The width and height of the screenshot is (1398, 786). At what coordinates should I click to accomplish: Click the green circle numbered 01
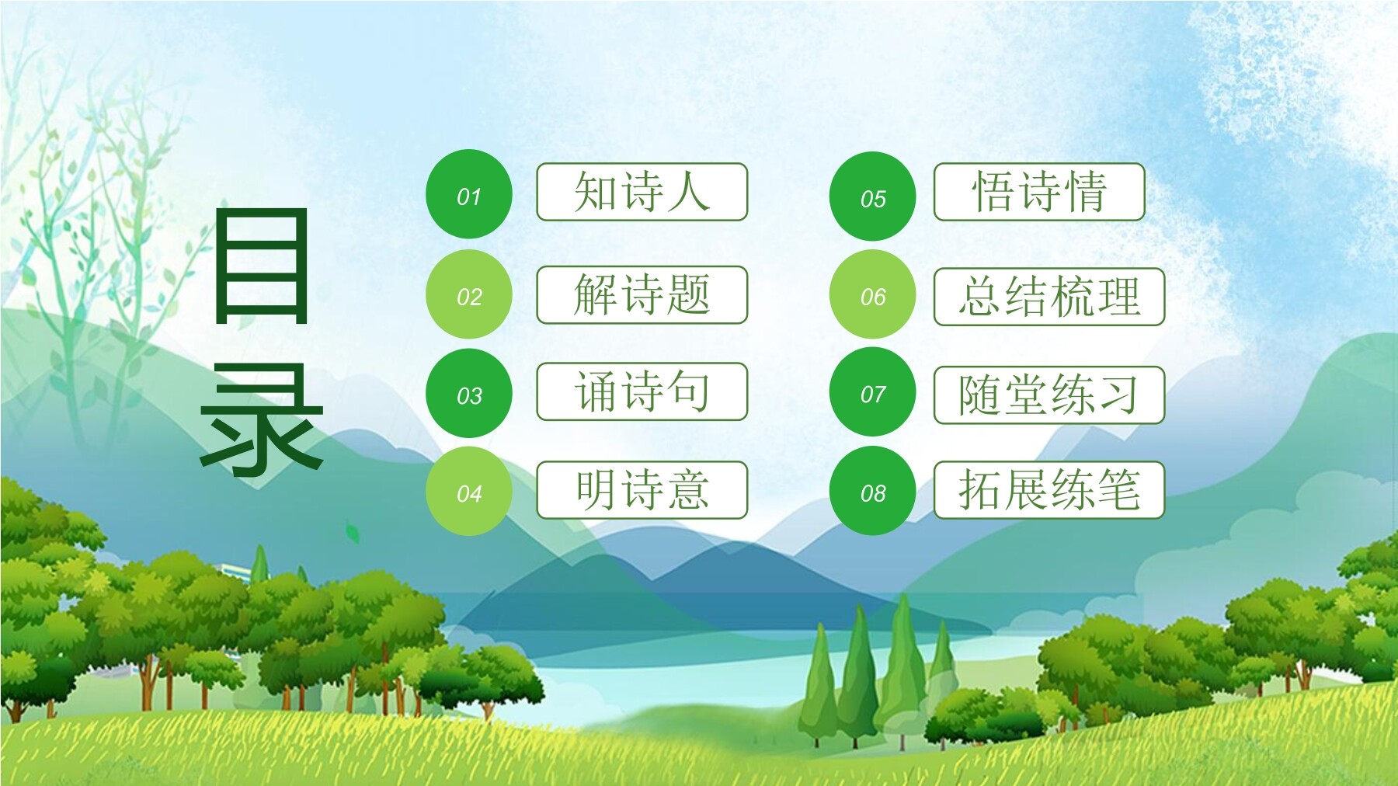(x=469, y=194)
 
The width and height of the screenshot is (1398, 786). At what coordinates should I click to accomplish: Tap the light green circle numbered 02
(x=469, y=294)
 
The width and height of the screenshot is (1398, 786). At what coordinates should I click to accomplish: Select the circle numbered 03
(x=469, y=393)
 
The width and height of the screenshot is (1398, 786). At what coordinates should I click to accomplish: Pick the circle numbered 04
(x=469, y=492)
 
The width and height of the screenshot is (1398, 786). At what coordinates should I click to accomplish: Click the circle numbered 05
(x=873, y=196)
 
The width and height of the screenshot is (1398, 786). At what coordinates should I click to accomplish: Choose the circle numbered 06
(x=873, y=294)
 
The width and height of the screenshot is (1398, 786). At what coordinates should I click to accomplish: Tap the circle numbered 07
(x=873, y=392)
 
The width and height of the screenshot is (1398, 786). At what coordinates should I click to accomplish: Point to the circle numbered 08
(x=873, y=491)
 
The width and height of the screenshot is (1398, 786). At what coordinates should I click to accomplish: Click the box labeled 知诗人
(x=642, y=192)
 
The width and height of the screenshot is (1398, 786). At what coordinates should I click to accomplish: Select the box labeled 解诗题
(x=642, y=294)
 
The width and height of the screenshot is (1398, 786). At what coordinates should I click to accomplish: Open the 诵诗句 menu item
(x=642, y=391)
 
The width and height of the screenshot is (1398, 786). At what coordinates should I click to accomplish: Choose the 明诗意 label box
(x=642, y=489)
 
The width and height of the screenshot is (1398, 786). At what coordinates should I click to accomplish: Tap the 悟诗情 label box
(x=1039, y=192)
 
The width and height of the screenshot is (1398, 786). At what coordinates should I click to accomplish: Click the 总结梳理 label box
(x=1049, y=296)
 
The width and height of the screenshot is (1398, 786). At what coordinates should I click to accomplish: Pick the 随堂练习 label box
(x=1049, y=395)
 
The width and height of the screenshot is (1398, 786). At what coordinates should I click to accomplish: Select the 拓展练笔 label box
(x=1049, y=489)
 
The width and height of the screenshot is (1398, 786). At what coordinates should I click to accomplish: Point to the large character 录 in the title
(x=262, y=419)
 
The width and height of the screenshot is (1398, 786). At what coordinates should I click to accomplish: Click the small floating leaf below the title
(x=352, y=533)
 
